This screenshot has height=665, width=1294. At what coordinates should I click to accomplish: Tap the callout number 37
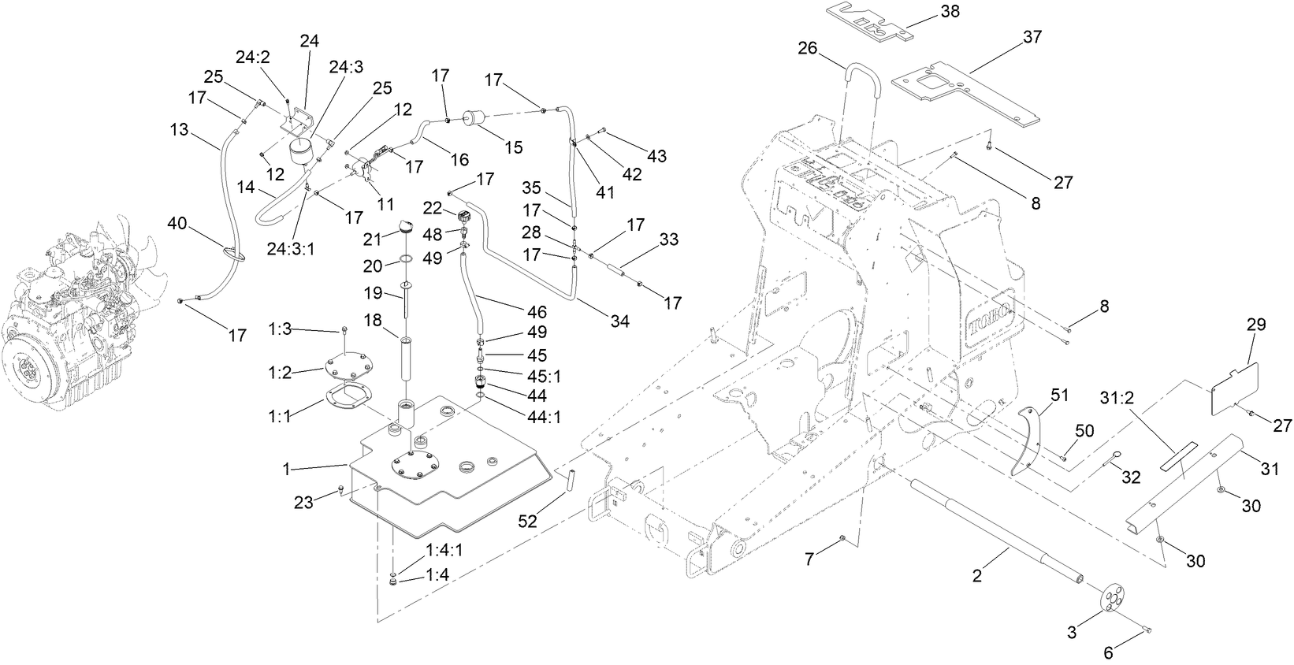(1032, 37)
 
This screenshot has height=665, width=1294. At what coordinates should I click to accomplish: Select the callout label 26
(808, 48)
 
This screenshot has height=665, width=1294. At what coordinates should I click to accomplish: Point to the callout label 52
(527, 522)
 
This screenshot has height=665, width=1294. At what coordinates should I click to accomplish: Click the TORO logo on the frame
(992, 318)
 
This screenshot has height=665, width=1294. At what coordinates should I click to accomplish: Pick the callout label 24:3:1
(291, 249)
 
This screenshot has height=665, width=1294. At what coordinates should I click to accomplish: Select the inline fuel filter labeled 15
(475, 121)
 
